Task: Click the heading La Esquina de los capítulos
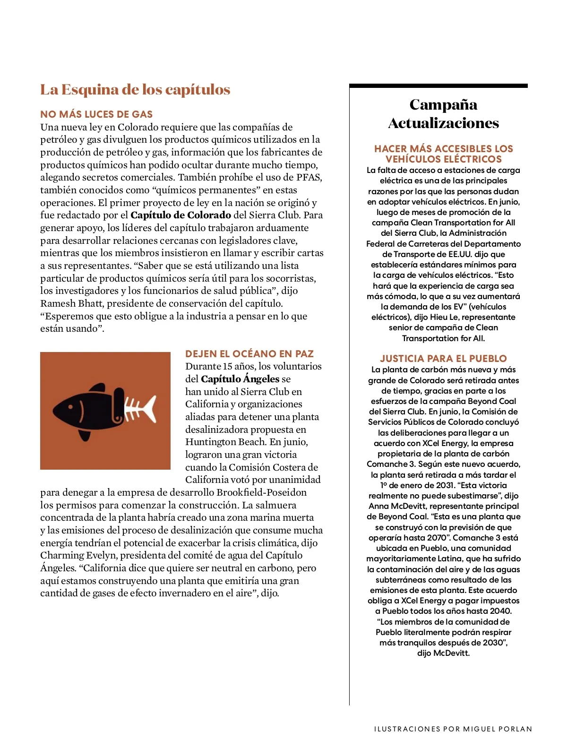coord(135,90)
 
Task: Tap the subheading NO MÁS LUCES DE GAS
coord(96,114)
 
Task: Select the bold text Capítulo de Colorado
coord(180,215)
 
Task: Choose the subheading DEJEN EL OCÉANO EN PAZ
coord(249,354)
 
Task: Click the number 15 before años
coord(228,367)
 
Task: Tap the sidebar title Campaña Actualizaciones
coord(443,114)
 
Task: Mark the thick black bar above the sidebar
coord(438,86)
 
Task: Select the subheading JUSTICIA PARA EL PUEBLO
coord(443,359)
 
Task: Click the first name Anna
coord(378,506)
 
